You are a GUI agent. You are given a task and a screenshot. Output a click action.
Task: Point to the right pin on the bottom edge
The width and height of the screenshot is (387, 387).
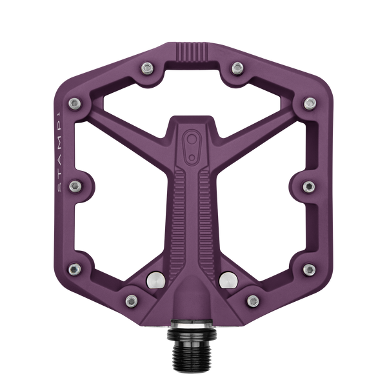point(252,298)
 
